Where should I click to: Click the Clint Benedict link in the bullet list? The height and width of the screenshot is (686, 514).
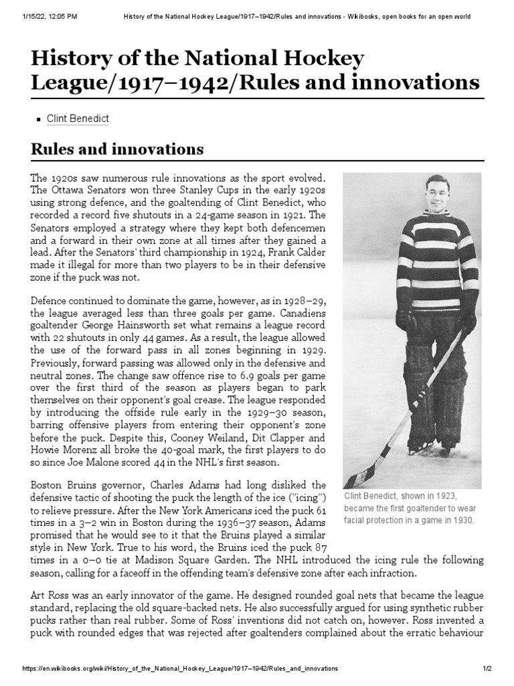[78, 119]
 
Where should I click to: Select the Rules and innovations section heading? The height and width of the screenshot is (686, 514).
[117, 148]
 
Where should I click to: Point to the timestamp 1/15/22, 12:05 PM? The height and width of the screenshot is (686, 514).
[40, 15]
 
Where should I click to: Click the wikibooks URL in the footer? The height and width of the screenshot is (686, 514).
[180, 669]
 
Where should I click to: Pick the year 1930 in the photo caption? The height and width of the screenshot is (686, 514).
[459, 519]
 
